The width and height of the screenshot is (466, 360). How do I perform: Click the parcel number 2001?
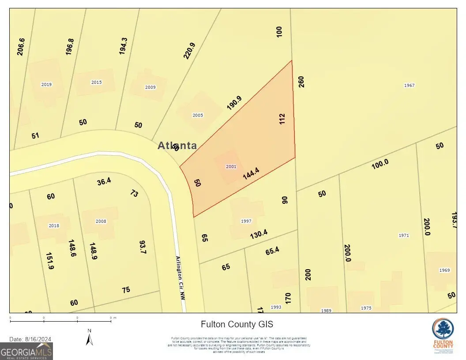click(x=231, y=166)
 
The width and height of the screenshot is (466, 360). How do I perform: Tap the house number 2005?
click(x=198, y=115)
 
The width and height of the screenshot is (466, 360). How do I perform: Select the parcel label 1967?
click(x=409, y=85)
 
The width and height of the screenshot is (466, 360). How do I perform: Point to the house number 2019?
click(x=46, y=84)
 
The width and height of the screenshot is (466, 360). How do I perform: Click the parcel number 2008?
click(x=101, y=221)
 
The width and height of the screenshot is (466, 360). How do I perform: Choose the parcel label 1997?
click(x=246, y=221)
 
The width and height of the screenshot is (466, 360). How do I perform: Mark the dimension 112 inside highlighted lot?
click(x=282, y=119)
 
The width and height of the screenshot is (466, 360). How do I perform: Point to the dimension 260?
click(x=301, y=82)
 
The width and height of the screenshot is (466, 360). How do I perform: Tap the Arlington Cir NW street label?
click(x=180, y=278)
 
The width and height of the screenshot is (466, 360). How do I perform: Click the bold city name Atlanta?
click(x=177, y=146)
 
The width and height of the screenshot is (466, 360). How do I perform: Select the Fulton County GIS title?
click(x=237, y=324)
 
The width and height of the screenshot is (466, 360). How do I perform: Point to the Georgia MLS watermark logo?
click(x=26, y=352)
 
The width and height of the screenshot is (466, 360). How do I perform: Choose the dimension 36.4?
click(x=104, y=181)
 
